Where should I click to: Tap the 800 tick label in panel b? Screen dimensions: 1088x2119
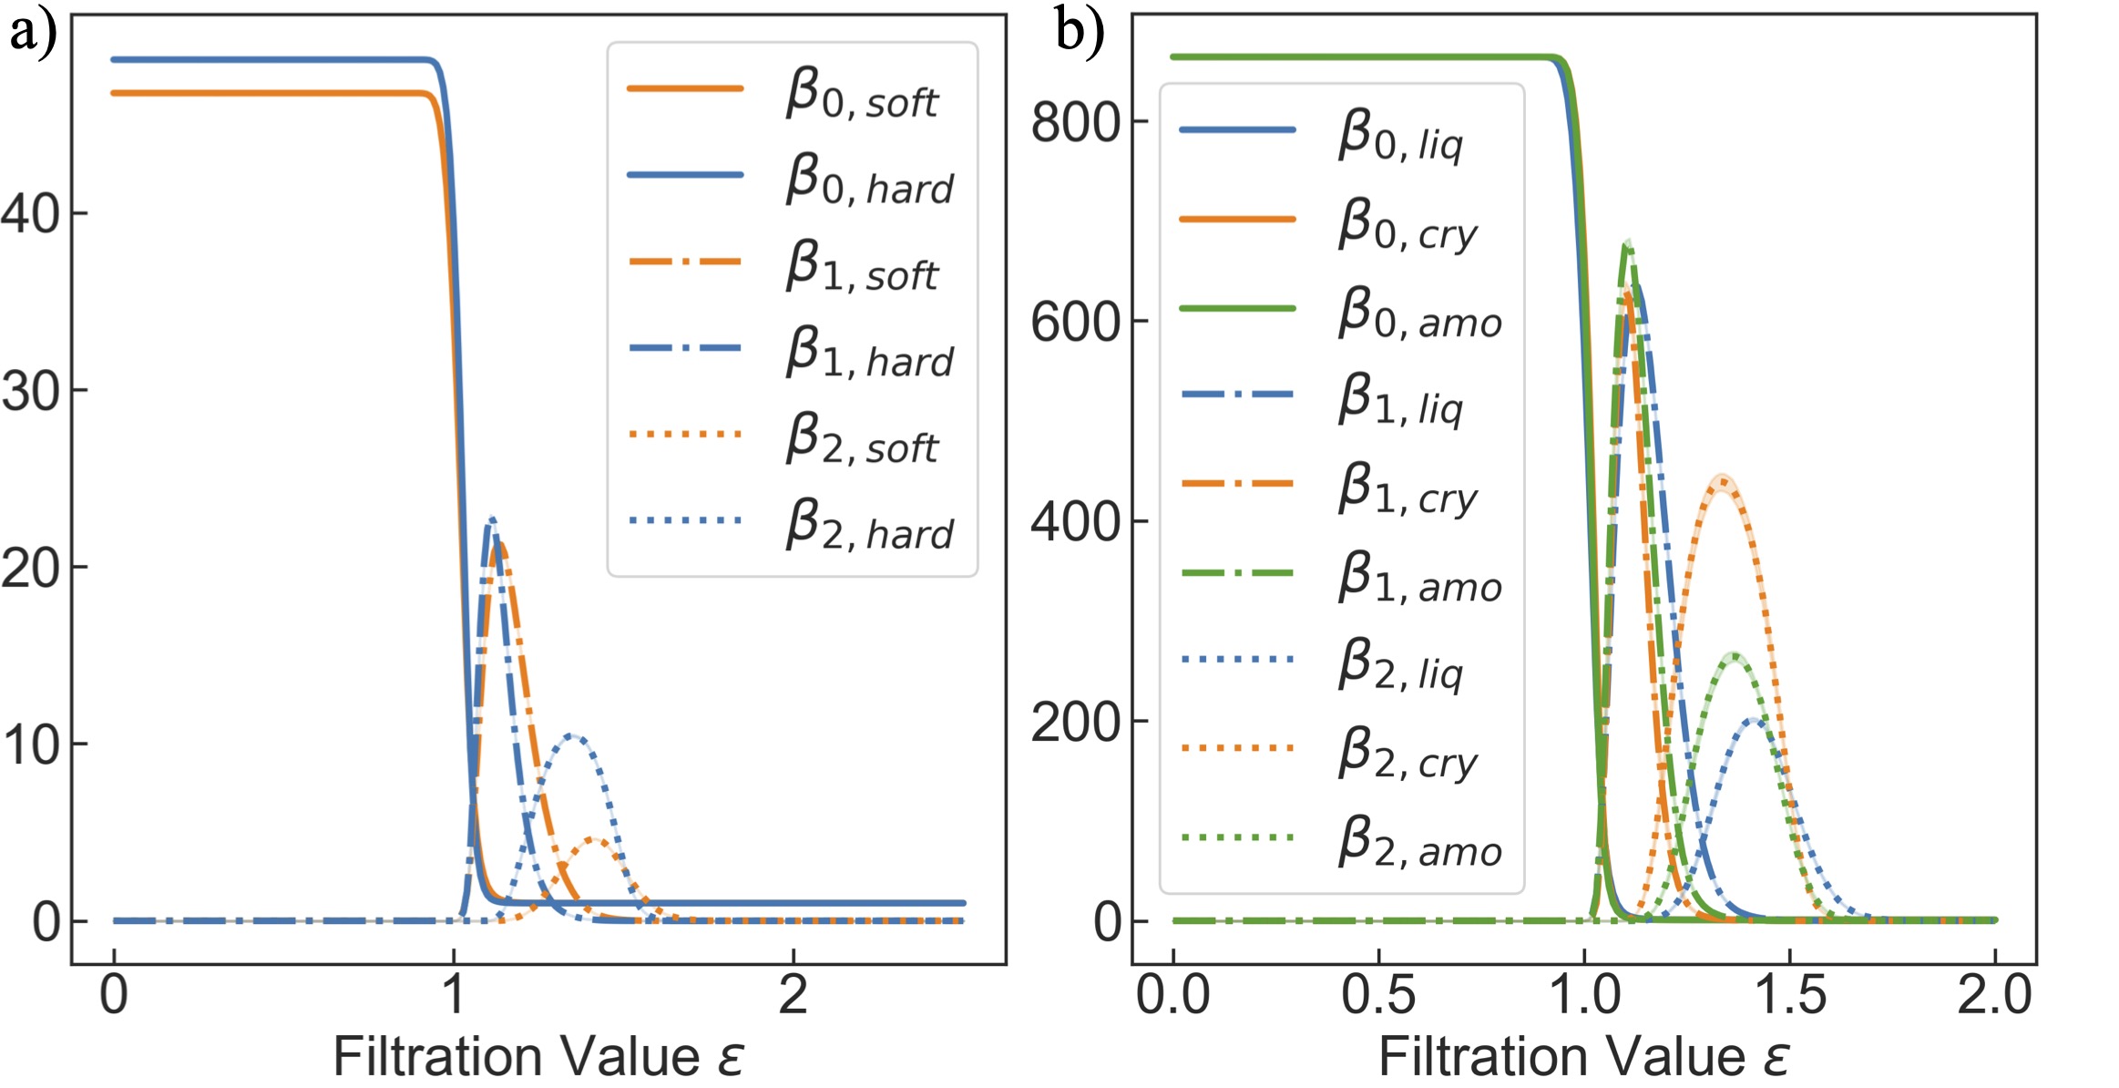tap(1075, 123)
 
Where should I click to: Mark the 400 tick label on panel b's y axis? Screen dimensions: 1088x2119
tap(1075, 522)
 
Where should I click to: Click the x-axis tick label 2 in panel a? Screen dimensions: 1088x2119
tap(793, 994)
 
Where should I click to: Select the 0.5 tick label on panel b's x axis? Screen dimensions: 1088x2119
tap(1378, 994)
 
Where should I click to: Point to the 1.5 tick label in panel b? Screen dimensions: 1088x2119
tap(1789, 994)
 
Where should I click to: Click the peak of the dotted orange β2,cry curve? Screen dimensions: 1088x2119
tap(1722, 481)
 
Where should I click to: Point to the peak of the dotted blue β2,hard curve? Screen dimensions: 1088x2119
tap(572, 735)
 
